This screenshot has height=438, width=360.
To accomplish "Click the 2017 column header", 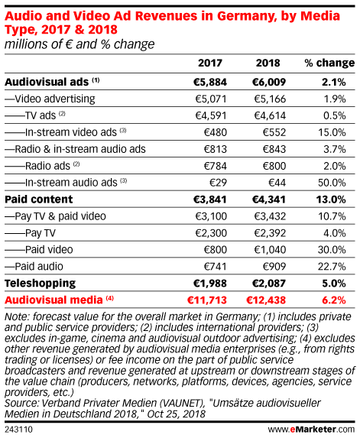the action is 210,63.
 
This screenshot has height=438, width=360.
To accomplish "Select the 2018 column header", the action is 268,63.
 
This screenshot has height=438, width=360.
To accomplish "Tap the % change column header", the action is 329,63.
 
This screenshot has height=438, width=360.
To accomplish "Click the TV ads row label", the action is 41,115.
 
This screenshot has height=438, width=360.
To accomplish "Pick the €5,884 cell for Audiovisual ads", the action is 210,82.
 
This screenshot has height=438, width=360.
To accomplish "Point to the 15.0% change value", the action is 332,132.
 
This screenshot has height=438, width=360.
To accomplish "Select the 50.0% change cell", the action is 332,183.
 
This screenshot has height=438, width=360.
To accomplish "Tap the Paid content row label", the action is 39,200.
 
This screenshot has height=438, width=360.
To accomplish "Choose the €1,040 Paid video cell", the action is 270,250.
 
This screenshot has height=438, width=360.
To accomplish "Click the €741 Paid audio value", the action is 215,267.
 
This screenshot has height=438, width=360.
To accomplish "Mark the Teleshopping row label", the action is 41,284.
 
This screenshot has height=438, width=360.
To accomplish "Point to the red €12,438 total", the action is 266,300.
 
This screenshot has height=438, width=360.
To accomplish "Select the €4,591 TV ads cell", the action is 211,115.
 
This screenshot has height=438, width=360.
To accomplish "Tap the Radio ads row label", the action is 47,166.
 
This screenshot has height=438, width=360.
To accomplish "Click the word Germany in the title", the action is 246,16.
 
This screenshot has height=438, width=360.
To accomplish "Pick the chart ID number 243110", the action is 18,430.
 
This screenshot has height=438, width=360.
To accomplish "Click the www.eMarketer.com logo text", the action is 311,430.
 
